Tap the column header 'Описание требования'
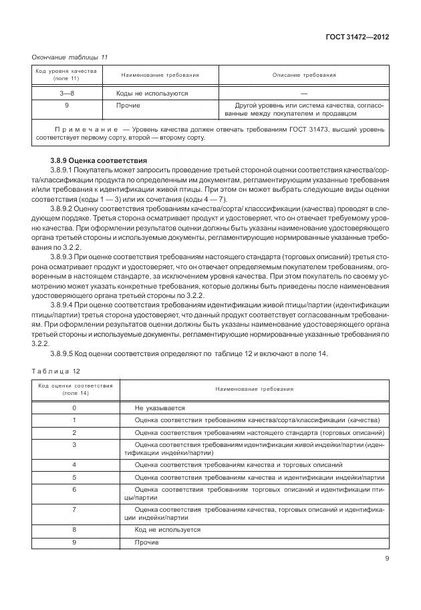tap(303, 75)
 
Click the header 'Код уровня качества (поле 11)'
tap(66, 75)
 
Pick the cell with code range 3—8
tap(66, 94)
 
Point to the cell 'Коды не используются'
tap(152, 94)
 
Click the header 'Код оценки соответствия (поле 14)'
tap(75, 390)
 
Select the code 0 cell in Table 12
tap(74, 408)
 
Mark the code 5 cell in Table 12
tap(74, 477)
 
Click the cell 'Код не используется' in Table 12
tap(167, 529)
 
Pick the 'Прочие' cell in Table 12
tap(146, 542)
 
